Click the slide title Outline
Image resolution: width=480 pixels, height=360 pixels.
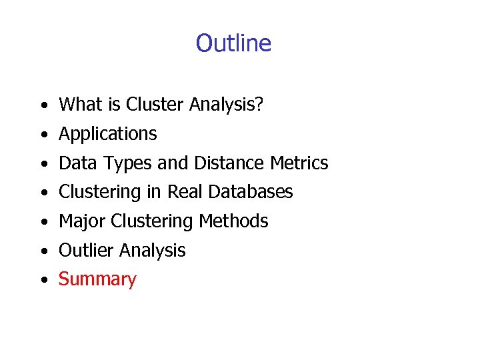pyautogui.click(x=233, y=43)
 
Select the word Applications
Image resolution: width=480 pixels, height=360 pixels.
pyautogui.click(x=108, y=134)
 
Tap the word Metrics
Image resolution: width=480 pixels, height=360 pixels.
pyautogui.click(x=299, y=163)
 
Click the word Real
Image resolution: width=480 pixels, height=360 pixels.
pyautogui.click(x=185, y=192)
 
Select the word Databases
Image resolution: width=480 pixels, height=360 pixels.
pyautogui.click(x=251, y=192)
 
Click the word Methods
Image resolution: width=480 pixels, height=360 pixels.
pyautogui.click(x=237, y=221)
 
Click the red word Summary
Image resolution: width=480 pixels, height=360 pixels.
pyautogui.click(x=97, y=280)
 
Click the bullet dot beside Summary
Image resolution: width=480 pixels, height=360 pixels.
pyautogui.click(x=43, y=281)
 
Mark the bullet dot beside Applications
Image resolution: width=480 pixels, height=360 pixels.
pyautogui.click(x=43, y=135)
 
